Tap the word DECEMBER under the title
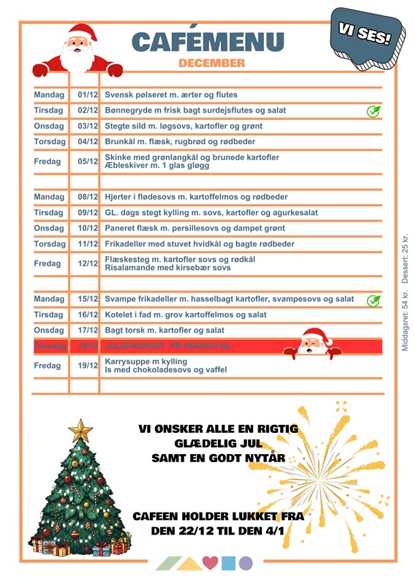click(211, 64)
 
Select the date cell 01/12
click(88, 95)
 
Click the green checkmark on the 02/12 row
click(373, 111)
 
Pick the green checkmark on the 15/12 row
click(373, 300)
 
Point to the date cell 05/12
click(88, 162)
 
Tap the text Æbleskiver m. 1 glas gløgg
click(157, 166)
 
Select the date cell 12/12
click(88, 263)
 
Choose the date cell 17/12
click(88, 331)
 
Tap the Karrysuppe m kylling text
click(146, 361)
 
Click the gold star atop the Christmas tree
click(80, 429)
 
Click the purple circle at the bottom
click(246, 563)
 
